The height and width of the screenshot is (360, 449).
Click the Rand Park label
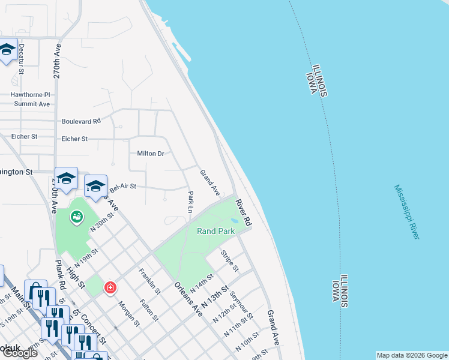click(x=216, y=231)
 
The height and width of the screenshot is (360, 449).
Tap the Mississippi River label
click(x=407, y=212)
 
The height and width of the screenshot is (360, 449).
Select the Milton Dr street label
click(x=151, y=154)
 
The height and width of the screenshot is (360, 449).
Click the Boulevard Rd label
click(x=81, y=121)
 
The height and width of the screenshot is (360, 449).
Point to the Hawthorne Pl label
click(x=30, y=95)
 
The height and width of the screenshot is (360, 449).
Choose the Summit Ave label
click(x=32, y=104)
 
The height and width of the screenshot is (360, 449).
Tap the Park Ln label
click(x=190, y=202)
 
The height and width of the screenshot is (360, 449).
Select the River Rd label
click(x=243, y=212)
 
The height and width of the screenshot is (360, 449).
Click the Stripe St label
click(x=230, y=260)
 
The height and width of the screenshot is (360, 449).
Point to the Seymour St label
click(x=244, y=307)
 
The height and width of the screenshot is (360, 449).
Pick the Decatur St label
click(x=21, y=58)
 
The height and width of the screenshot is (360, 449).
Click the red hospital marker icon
click(x=110, y=287)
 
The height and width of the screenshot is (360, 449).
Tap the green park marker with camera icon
click(x=77, y=217)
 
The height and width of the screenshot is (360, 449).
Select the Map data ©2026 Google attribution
click(x=412, y=355)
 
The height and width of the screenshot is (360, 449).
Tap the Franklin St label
click(x=149, y=281)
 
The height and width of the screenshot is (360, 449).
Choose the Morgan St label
click(x=128, y=314)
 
